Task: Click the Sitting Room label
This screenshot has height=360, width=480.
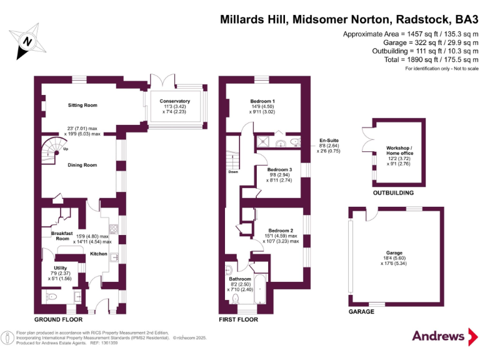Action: [x=82, y=105]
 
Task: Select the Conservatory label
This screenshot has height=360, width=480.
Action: [x=174, y=101]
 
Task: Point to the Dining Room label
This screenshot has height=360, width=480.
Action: [x=82, y=165]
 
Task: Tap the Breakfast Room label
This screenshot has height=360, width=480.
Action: [x=62, y=235]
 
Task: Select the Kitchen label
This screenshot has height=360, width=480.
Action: [x=98, y=254]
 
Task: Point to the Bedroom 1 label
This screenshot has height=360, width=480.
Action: [x=262, y=101]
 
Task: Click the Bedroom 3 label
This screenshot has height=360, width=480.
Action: [x=279, y=169]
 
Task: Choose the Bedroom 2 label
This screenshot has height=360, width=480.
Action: [x=281, y=230]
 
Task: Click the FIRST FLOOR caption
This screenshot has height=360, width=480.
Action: [x=239, y=319]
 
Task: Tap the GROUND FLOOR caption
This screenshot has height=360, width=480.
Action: [x=58, y=319]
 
